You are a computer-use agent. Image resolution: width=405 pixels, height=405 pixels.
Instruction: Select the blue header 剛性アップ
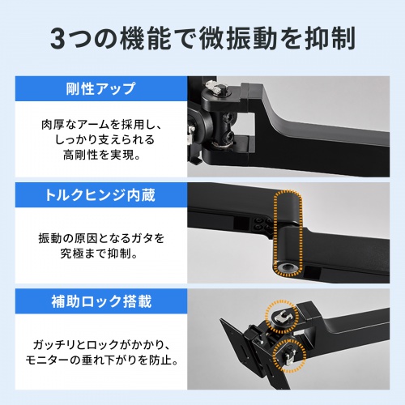coord(100,88)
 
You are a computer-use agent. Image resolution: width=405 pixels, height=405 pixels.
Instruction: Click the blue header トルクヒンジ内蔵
coord(100,194)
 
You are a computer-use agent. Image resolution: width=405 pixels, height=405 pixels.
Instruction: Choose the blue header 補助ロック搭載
coord(100,301)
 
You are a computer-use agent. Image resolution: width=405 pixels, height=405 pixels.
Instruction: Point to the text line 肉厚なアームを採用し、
coord(100,126)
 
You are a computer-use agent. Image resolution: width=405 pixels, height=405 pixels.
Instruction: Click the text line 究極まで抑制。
coord(100,254)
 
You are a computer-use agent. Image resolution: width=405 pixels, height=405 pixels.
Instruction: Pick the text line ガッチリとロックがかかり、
coord(100,343)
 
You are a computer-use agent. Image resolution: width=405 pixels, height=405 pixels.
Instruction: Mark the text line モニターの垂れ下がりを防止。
coord(100,360)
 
